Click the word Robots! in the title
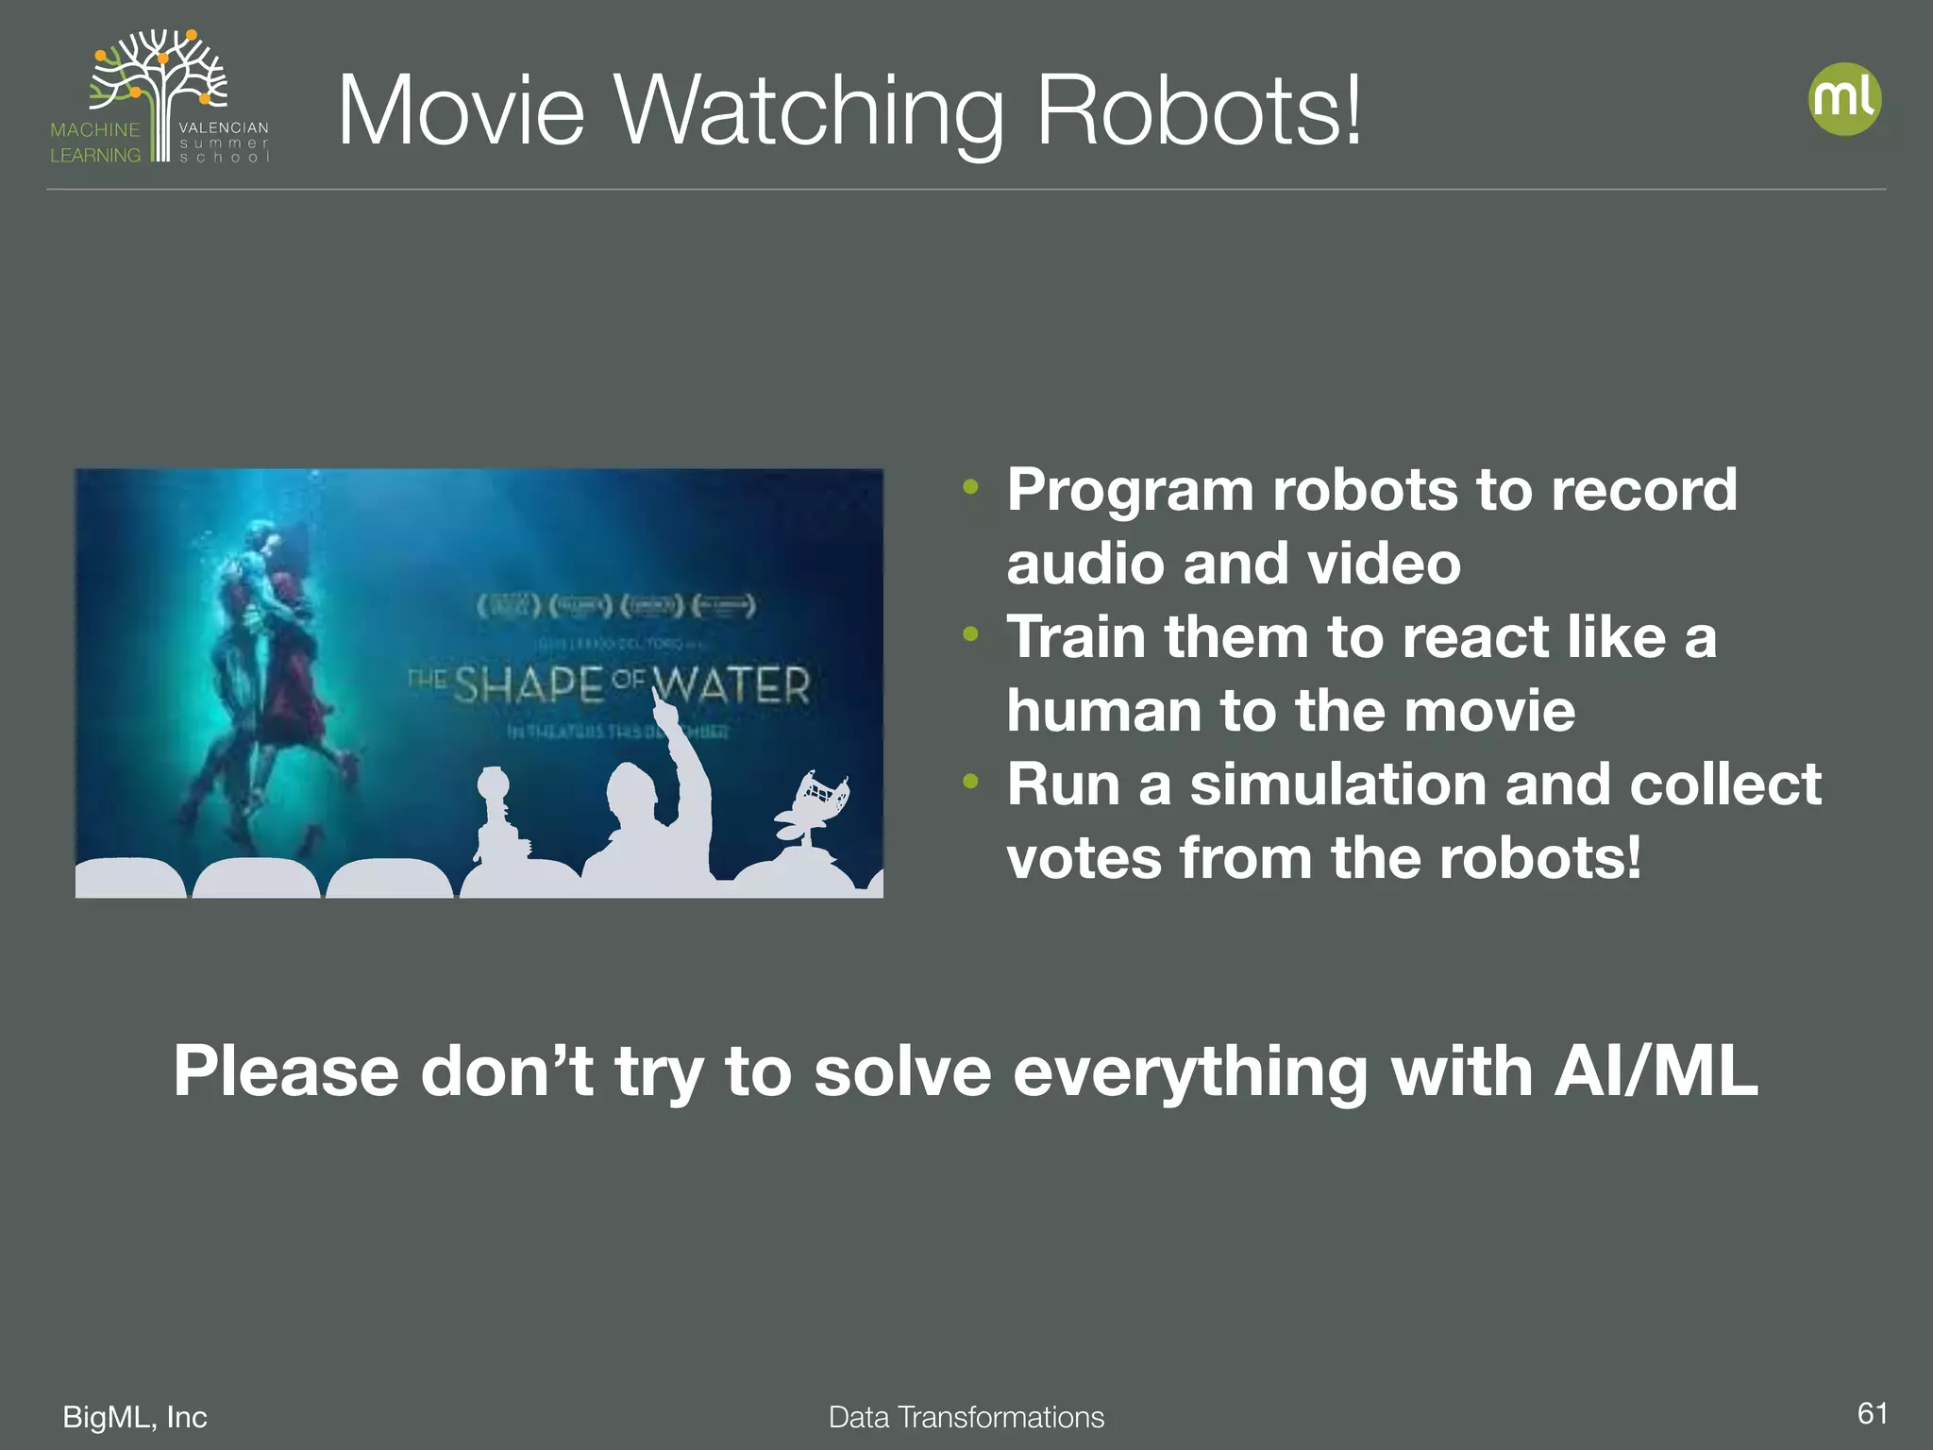tap(1199, 111)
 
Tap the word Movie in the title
tap(461, 111)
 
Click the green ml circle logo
tap(1844, 99)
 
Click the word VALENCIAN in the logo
tap(224, 127)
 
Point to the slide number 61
tap(1873, 1413)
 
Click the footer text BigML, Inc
tap(135, 1417)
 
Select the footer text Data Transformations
tap(966, 1417)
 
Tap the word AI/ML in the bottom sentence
tap(1656, 1072)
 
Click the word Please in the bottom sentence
tap(286, 1072)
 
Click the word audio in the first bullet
tap(1084, 564)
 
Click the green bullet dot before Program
tap(970, 488)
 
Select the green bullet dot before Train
tap(970, 634)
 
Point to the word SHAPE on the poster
tap(529, 684)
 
